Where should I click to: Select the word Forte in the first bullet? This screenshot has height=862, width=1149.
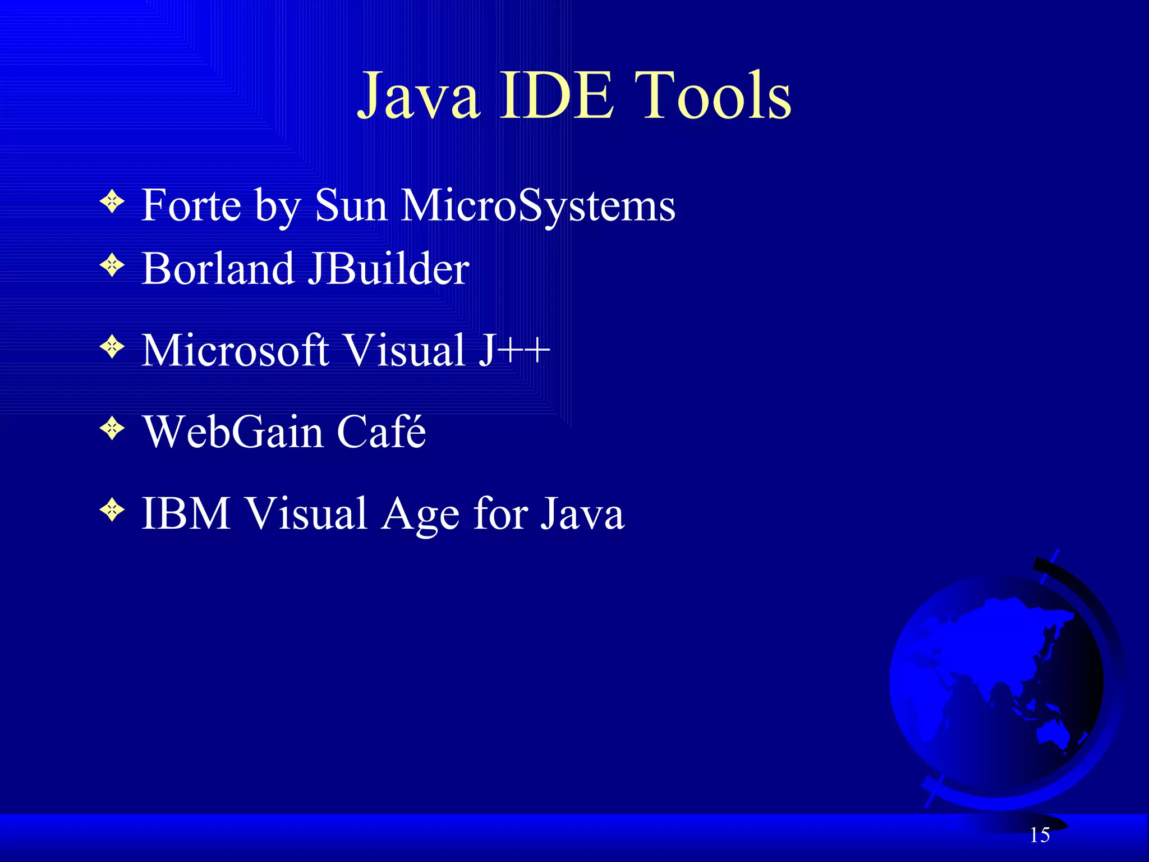point(191,205)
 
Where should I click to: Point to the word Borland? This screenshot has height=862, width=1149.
point(218,269)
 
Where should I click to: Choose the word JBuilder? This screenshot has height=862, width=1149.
point(389,269)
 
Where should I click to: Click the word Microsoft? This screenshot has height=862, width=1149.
point(235,351)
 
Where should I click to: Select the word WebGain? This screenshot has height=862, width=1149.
point(233,432)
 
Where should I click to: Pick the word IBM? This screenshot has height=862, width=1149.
point(186,513)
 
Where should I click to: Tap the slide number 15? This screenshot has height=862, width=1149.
point(1040,835)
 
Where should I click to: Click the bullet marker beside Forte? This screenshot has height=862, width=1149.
point(112,201)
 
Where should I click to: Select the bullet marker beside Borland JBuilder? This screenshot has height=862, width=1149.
point(112,265)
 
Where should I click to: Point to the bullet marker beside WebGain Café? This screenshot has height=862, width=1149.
point(112,429)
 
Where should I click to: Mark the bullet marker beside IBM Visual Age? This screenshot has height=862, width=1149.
point(112,510)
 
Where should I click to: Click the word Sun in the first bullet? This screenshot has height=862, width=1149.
point(351,205)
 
